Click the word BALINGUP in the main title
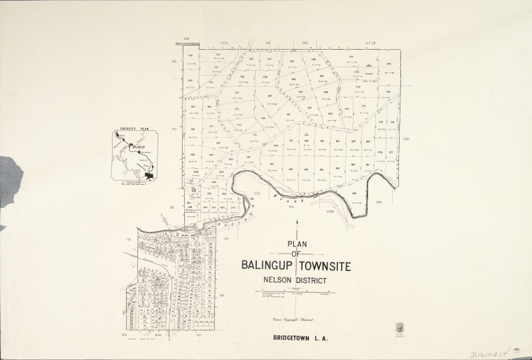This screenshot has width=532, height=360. [268, 266]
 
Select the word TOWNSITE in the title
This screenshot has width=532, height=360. [327, 266]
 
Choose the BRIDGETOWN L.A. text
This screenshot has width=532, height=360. [303, 338]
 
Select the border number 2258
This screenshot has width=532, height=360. [224, 43]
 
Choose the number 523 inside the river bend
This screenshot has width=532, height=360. [257, 193]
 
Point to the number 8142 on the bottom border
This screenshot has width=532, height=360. [157, 336]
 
